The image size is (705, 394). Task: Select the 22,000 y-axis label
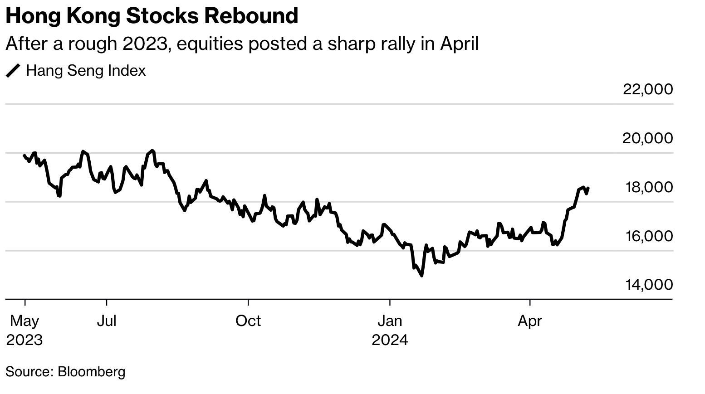[648, 89]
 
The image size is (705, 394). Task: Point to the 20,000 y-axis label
[648, 138]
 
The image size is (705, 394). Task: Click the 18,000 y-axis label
[649, 187]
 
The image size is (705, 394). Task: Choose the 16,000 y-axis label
[649, 236]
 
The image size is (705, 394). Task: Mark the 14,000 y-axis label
[649, 285]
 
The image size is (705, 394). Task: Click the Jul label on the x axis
[107, 321]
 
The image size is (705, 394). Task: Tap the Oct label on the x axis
[248, 321]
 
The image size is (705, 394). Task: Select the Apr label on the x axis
[530, 321]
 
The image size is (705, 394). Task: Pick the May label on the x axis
[24, 321]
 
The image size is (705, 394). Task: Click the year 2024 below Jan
[390, 340]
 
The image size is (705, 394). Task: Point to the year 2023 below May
[24, 340]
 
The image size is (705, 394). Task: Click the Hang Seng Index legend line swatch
[13, 71]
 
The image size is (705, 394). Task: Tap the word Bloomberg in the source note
[92, 372]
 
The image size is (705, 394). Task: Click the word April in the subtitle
[459, 44]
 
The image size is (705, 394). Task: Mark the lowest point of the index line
[422, 275]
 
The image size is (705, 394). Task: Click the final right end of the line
[588, 188]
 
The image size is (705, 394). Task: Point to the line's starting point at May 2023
[24, 156]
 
